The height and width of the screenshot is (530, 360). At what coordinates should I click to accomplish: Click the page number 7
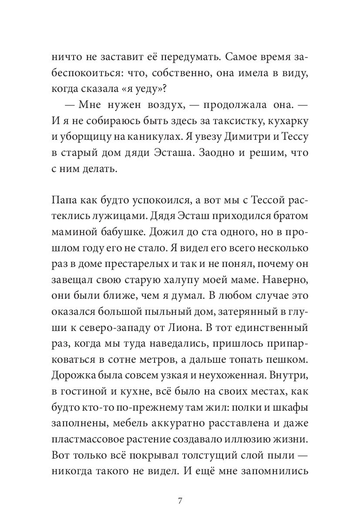click(180, 500)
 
